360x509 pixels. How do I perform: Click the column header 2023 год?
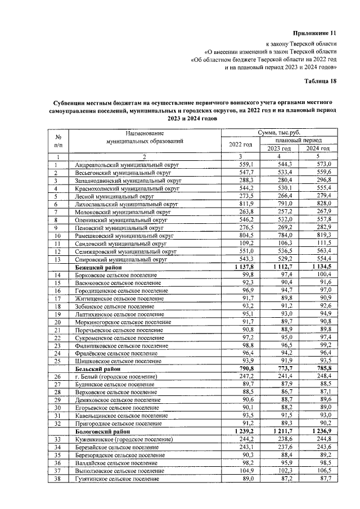279,148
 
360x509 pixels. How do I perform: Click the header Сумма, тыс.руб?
280,132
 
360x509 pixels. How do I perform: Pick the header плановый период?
298,140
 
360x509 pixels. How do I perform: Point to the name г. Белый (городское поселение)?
120,376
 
